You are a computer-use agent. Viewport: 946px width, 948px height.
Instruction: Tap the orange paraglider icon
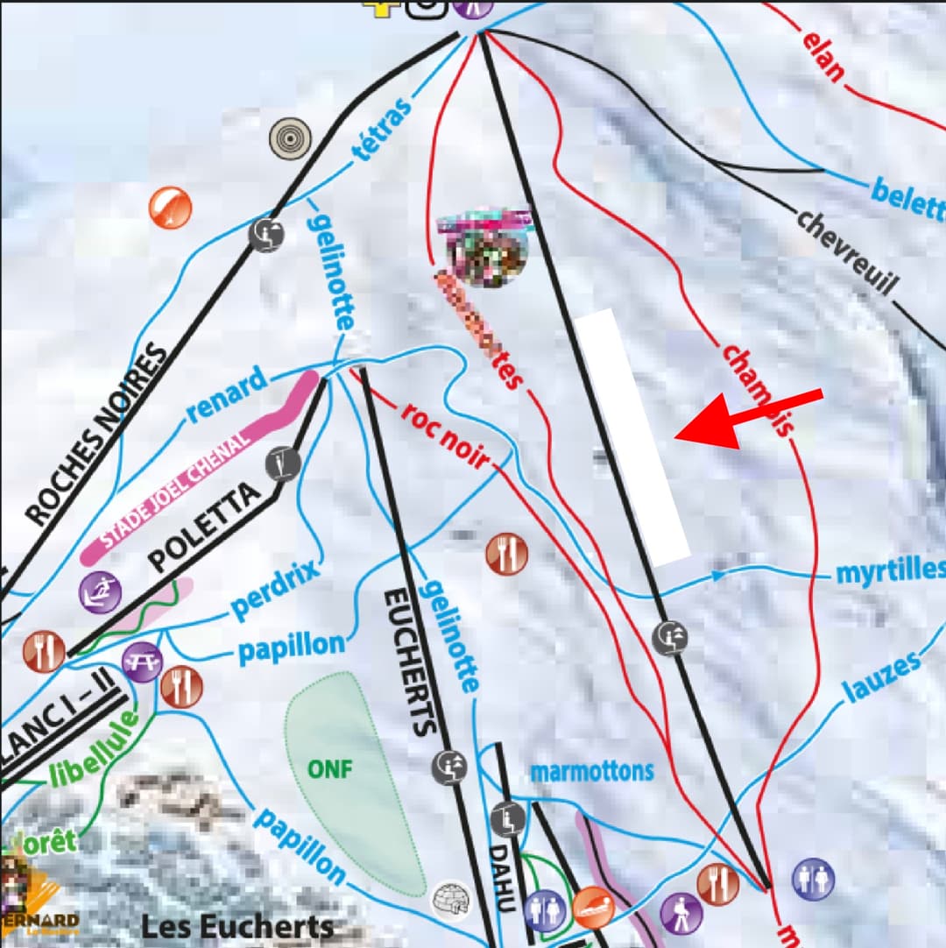(170, 209)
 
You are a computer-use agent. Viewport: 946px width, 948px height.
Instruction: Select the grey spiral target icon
(291, 138)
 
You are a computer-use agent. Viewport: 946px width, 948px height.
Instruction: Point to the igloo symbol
(453, 898)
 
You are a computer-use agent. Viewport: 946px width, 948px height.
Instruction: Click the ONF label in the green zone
(329, 769)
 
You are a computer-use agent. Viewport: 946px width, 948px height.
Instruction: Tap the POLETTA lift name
(205, 527)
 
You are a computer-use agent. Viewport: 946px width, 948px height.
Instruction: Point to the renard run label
(226, 396)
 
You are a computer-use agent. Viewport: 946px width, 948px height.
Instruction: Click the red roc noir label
(445, 435)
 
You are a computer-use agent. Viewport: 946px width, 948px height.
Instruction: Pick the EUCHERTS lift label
(409, 661)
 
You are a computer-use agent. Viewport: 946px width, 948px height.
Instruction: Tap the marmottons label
(592, 772)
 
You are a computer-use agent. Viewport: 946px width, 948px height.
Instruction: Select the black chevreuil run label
(848, 251)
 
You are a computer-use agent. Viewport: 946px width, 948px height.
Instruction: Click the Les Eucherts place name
(237, 927)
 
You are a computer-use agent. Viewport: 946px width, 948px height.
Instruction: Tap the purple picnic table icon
(140, 661)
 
